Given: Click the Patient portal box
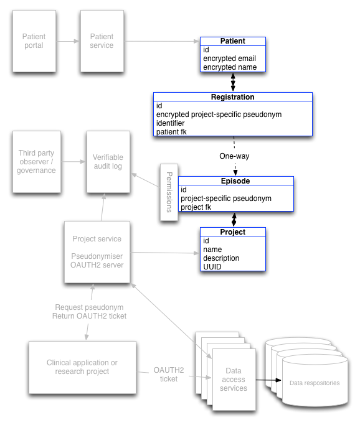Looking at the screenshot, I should click(34, 41).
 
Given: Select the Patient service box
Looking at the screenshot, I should click(102, 41).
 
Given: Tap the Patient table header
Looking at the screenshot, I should click(233, 41).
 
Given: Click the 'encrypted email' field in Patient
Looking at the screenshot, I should click(229, 58).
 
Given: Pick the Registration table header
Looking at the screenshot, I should click(232, 97).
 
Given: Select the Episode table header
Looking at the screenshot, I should click(235, 181).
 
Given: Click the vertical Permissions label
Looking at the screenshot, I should click(167, 192).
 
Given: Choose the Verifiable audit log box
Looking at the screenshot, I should click(108, 161).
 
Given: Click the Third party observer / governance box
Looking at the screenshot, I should click(37, 162).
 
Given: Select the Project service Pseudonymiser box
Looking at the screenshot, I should click(97, 252).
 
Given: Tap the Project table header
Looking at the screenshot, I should click(233, 232).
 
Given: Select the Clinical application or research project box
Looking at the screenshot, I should click(82, 367).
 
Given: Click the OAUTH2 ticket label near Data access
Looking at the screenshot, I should click(169, 374).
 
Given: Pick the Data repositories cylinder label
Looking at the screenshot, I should click(315, 383).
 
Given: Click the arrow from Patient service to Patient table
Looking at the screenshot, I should click(161, 41).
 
